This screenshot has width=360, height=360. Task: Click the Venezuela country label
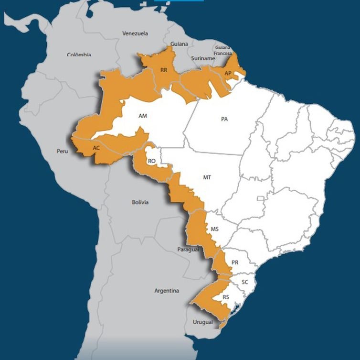pos(135,33)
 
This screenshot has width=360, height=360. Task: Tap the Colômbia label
pos(79,55)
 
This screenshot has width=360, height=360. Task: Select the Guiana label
pos(179,44)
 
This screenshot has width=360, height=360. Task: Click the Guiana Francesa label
pos(222,51)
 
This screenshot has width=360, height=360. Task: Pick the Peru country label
pos(63,151)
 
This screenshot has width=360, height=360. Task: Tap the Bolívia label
pos(140,202)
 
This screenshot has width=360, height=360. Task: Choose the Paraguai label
pos(188,250)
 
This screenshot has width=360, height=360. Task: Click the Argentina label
pos(167,290)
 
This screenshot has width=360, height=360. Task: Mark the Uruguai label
pos(203,322)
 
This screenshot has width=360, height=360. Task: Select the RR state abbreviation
pos(164,70)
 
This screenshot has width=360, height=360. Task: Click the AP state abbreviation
pos(228,73)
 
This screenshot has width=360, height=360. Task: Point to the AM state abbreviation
pos(143,116)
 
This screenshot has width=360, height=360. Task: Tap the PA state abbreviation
pos(224,119)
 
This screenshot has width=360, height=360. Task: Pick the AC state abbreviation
pos(96,148)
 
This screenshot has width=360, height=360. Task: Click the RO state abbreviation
pos(152,161)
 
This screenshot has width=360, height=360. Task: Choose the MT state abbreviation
pos(207,177)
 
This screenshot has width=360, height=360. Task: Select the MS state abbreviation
pos(215,229)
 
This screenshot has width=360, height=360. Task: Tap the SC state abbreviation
pos(245,282)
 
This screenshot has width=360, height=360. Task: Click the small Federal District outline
pos(260,198)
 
